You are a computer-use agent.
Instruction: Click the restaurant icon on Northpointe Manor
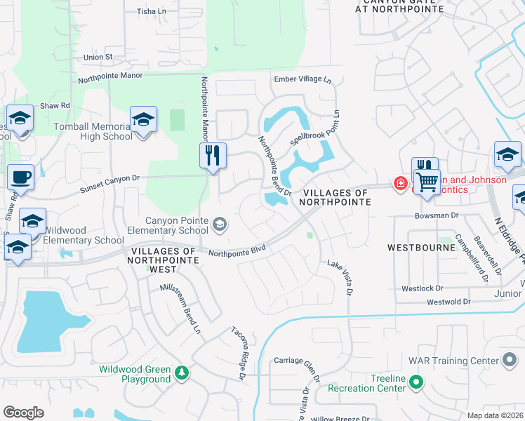coord(213,154)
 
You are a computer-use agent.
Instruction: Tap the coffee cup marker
coord(20,177)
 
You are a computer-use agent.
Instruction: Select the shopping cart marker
coord(426,182)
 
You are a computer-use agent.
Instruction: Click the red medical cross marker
coord(400,183)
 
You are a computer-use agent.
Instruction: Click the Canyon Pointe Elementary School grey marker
coord(220,224)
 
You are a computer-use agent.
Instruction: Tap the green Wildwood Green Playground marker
coord(182,371)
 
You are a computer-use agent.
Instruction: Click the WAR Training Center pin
coord(510,361)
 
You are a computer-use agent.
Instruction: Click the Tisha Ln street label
coord(151,11)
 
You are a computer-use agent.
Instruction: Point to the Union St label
coord(98,57)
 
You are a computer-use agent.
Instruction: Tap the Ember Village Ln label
coord(303,79)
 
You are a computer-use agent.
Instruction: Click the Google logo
coord(24,413)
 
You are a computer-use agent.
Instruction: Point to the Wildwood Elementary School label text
coord(84,235)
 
